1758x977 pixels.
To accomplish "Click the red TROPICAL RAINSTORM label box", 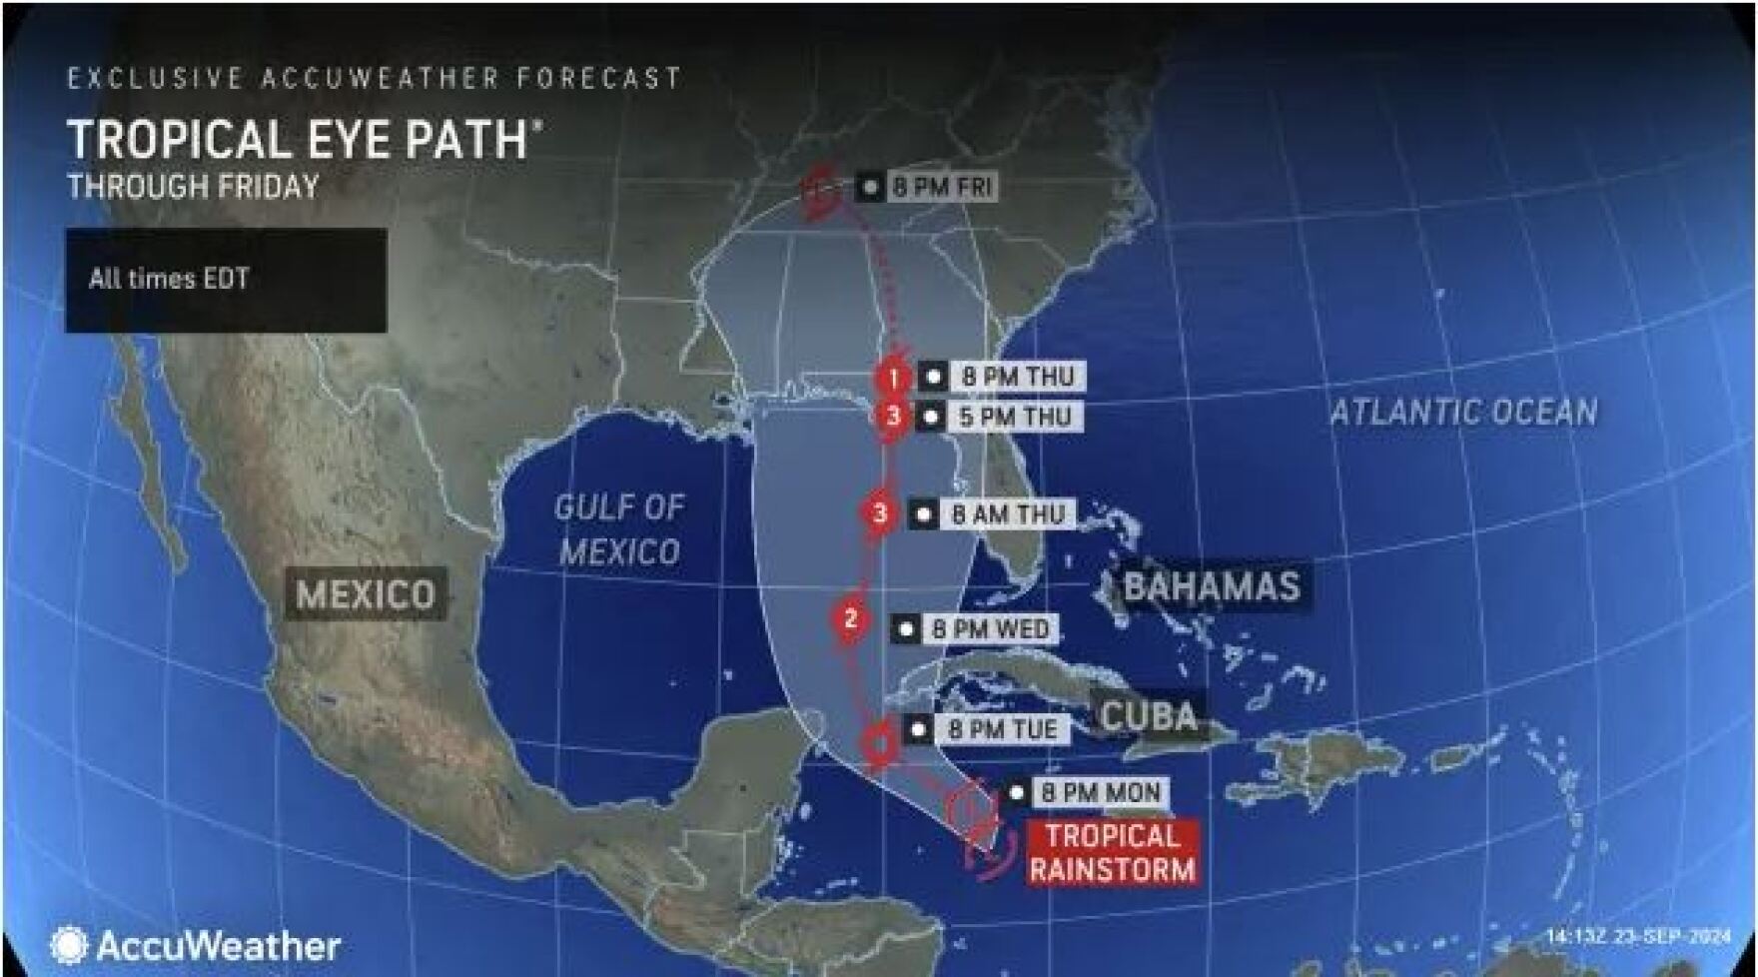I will [1112, 852].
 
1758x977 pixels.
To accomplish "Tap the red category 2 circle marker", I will [851, 619].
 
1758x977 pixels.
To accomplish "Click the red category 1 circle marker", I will [892, 378].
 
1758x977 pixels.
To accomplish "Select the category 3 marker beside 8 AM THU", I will [880, 513].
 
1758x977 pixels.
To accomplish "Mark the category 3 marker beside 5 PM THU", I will [893, 417].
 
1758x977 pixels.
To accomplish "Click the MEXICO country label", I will [366, 594].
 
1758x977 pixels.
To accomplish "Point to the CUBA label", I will [1149, 715].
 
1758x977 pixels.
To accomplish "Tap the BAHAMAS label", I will [1212, 586].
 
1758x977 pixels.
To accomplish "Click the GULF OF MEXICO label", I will [619, 529].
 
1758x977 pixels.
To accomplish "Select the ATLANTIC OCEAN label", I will [1463, 412].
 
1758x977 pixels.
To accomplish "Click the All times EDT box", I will [226, 280].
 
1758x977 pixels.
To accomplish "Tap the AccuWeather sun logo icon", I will [69, 945].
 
